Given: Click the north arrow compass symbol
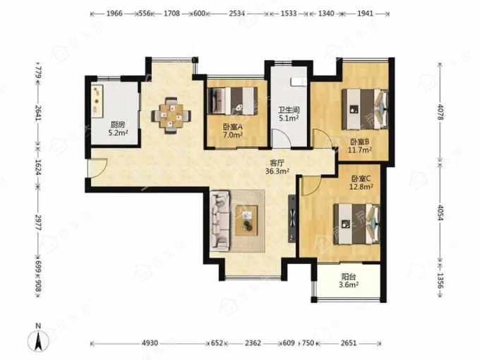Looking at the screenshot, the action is (38, 339).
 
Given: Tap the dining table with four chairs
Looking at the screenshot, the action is (171, 115).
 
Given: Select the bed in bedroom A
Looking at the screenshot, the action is (233, 102).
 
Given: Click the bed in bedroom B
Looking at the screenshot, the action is (365, 109).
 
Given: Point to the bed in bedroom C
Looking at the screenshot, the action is (356, 224).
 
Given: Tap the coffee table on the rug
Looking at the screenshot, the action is (247, 220).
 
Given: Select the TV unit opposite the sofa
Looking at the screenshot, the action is (292, 219).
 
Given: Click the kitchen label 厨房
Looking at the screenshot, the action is (118, 125).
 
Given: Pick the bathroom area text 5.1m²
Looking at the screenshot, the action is (289, 118).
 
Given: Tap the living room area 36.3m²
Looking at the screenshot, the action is (277, 171).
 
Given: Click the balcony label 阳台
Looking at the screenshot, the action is (349, 277).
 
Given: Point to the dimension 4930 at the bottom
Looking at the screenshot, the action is (150, 343).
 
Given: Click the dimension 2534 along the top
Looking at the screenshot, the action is (237, 13).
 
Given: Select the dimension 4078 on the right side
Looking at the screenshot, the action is (440, 112).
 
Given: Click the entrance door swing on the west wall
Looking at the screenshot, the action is (97, 168).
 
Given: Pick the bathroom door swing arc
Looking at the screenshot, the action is (282, 138).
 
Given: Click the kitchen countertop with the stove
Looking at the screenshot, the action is (97, 101).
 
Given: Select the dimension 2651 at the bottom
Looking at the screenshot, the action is (349, 343).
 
